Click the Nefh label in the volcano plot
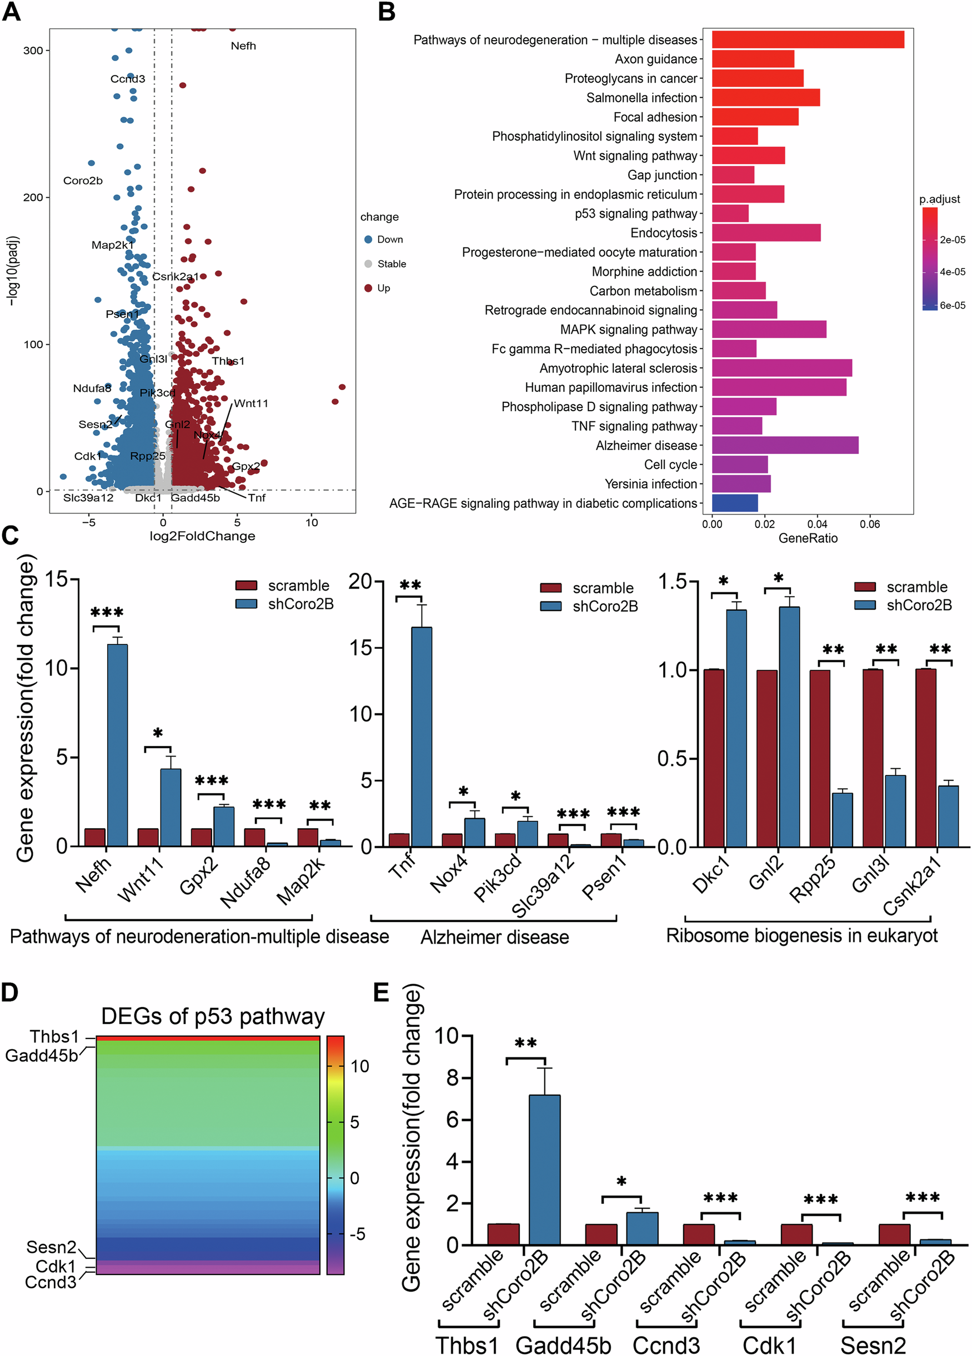(243, 46)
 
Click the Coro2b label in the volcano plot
(83, 180)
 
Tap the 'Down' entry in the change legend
(389, 239)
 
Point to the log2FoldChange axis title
(202, 536)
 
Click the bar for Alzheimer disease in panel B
(784, 445)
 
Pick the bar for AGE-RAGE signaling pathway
(734, 503)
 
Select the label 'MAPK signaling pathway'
(628, 330)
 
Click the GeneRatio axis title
(808, 538)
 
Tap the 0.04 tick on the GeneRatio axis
(817, 525)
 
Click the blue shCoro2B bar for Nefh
(117, 744)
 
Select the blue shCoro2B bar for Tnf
(422, 737)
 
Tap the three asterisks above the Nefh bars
(107, 613)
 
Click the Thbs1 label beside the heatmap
(54, 1036)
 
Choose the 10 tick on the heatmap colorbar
(359, 1066)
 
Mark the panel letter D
(9, 992)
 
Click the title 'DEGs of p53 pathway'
(213, 1016)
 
